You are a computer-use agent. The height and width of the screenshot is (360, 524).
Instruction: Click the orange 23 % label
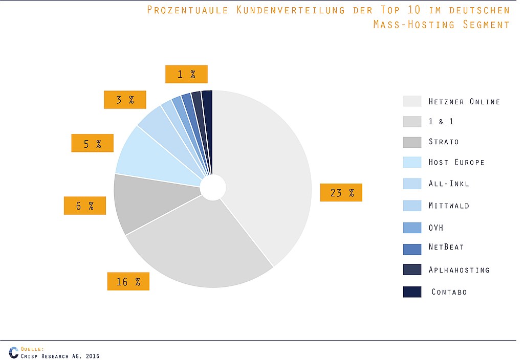(341, 192)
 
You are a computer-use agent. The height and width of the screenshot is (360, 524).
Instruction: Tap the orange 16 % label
(128, 281)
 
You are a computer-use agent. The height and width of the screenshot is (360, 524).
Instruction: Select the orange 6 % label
(85, 206)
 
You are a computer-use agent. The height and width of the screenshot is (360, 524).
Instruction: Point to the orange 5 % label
(93, 143)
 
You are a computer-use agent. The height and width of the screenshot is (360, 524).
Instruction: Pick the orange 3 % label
(125, 100)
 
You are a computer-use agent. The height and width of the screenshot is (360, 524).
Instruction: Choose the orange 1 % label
(186, 74)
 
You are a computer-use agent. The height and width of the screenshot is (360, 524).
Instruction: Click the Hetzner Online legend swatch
(412, 101)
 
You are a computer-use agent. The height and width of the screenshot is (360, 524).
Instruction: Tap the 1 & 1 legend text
(441, 122)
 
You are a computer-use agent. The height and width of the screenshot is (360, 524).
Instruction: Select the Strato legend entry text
(444, 142)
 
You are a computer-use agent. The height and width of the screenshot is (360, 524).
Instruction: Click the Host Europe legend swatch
(412, 162)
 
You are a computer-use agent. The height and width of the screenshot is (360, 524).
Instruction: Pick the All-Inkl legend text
(449, 184)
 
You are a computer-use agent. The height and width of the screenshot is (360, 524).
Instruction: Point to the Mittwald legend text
(449, 206)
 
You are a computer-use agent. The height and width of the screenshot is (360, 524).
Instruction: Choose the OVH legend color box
(412, 228)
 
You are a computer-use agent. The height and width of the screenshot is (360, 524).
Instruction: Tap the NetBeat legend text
(446, 247)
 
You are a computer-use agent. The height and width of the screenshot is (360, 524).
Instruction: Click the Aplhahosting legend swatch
(412, 270)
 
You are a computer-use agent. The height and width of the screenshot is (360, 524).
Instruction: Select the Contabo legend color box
(412, 292)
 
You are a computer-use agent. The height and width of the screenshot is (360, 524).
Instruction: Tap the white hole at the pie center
(212, 187)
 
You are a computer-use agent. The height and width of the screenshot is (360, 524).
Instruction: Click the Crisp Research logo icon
(14, 353)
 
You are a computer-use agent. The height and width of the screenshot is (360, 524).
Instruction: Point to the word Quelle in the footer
(32, 349)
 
